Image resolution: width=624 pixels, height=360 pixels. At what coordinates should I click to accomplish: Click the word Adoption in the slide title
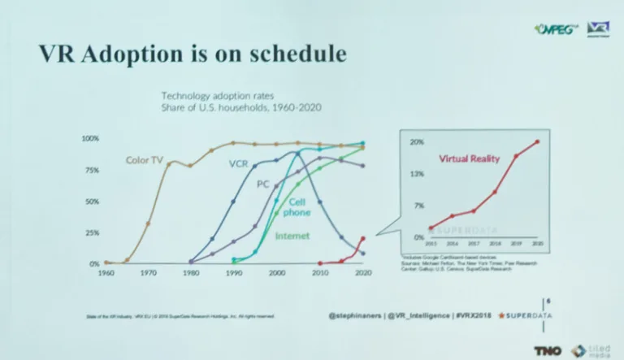pyautogui.click(x=145, y=54)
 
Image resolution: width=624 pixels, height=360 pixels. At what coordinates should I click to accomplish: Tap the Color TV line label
pyautogui.click(x=144, y=159)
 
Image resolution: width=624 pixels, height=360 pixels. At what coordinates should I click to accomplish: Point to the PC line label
pyautogui.click(x=262, y=184)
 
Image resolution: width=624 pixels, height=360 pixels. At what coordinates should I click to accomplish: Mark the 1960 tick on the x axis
pyautogui.click(x=106, y=273)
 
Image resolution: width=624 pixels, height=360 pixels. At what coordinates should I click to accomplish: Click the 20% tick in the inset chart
pyautogui.click(x=417, y=142)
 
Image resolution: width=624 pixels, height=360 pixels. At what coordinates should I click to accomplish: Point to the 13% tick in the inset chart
pyautogui.click(x=417, y=174)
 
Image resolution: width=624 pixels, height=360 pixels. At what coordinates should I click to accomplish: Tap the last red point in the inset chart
pyautogui.click(x=536, y=141)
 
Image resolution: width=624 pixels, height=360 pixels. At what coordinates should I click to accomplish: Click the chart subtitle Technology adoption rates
pyautogui.click(x=210, y=95)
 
